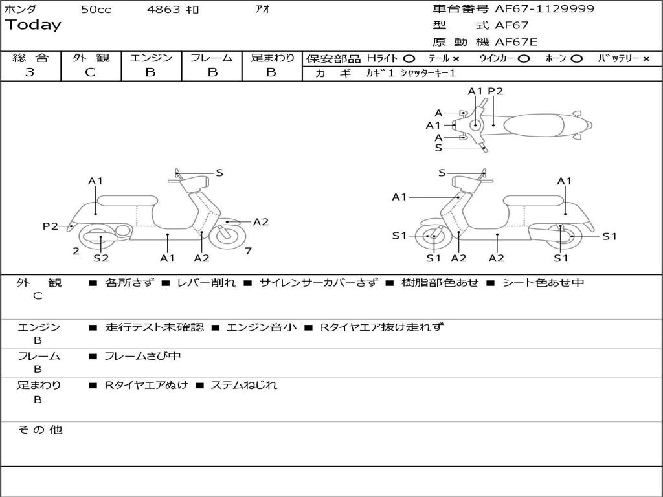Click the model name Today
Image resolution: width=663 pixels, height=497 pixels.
33,25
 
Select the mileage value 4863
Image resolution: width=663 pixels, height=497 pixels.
164,10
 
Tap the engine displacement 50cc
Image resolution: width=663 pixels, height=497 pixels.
96,10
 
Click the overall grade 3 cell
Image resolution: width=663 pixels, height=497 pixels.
30,72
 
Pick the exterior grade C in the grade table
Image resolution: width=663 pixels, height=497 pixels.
91,72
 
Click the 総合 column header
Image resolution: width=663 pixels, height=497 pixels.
30,58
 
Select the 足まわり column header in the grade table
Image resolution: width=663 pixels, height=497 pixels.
273,58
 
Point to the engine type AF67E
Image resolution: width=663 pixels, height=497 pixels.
516,43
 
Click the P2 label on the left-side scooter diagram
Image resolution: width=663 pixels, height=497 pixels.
50,226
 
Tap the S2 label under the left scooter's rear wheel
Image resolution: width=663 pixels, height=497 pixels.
101,258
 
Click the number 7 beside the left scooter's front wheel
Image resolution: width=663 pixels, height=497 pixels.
248,251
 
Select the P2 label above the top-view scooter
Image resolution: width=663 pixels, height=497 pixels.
495,91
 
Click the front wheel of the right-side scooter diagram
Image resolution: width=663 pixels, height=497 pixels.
433,237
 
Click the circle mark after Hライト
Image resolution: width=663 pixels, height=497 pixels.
409,58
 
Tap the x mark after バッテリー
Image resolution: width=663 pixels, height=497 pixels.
646,58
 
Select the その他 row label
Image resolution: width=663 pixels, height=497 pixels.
39,430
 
